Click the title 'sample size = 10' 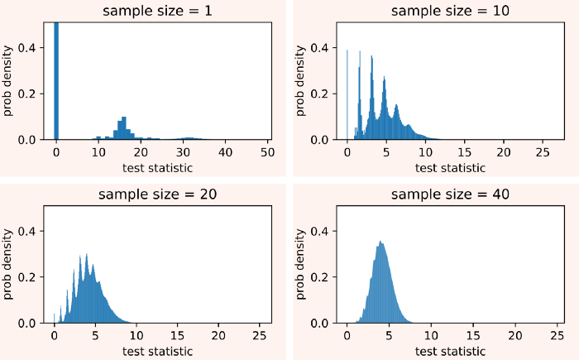click(x=449, y=11)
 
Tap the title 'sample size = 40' click(x=449, y=194)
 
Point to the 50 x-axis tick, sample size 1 click(x=267, y=153)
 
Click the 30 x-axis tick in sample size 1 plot click(x=183, y=153)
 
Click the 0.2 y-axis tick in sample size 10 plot click(x=322, y=94)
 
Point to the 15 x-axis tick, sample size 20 click(x=177, y=337)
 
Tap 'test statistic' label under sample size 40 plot click(x=450, y=351)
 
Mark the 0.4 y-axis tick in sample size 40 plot click(x=322, y=231)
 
